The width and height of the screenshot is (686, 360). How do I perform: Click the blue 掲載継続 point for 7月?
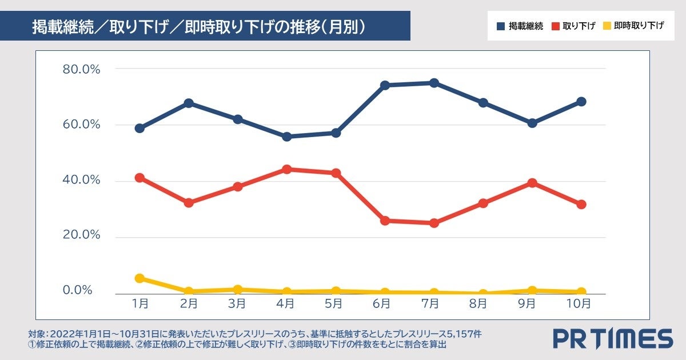[434, 83]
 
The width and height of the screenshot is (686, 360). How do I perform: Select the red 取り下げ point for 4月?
[287, 169]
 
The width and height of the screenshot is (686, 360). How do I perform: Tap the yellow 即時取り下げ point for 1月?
[139, 278]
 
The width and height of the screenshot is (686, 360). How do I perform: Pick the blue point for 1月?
[139, 128]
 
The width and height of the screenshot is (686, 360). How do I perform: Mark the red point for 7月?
[434, 223]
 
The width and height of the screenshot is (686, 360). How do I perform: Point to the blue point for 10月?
[581, 102]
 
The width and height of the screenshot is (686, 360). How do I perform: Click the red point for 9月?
[532, 183]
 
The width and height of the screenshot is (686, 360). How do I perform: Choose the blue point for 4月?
[287, 137]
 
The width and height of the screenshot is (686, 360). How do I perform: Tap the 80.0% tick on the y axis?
[81, 69]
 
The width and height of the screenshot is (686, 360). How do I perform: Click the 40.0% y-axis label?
[81, 180]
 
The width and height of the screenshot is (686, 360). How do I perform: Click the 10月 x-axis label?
[581, 304]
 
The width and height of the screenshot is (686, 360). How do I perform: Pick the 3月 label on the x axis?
[237, 304]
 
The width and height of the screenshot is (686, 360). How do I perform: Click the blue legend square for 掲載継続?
[501, 26]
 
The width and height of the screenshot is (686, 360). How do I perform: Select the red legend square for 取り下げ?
[555, 26]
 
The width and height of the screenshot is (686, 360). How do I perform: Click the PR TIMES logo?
[612, 338]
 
